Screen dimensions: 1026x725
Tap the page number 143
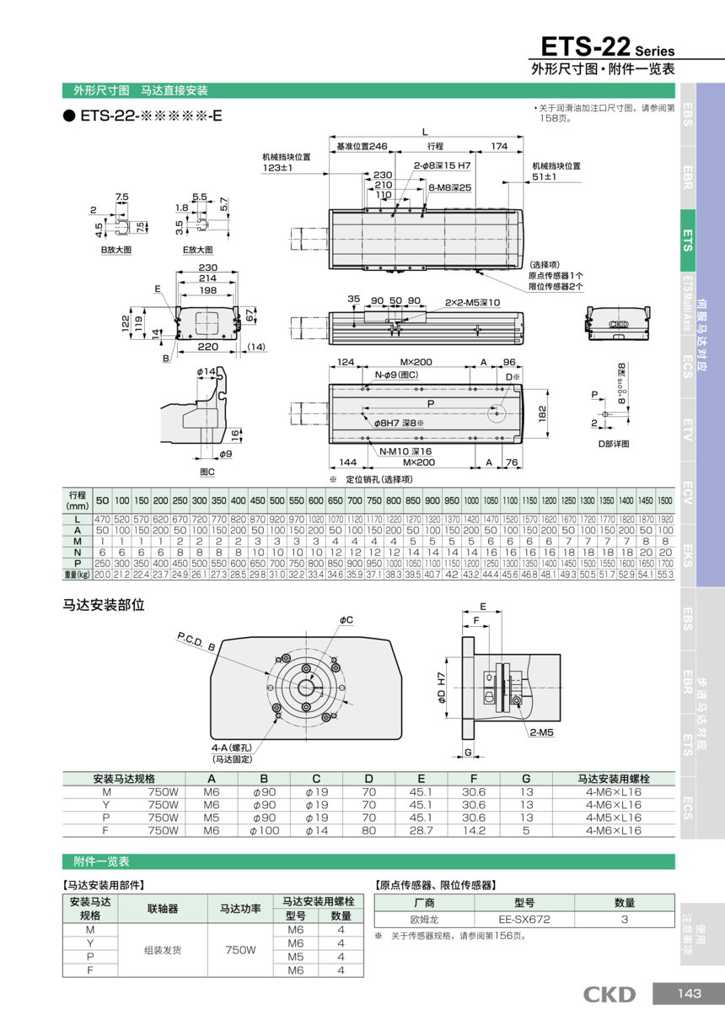[x=689, y=994]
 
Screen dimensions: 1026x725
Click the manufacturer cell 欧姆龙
[x=425, y=919]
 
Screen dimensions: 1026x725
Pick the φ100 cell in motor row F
[x=264, y=830]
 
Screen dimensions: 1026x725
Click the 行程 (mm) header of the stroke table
[x=77, y=499]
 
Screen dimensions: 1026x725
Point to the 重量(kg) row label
[x=77, y=574]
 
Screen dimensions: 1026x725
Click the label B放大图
[x=115, y=250]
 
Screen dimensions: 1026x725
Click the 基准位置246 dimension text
[x=362, y=146]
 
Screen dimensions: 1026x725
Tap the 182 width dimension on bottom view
[x=543, y=413]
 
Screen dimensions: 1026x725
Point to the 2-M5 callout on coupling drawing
[x=541, y=732]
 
